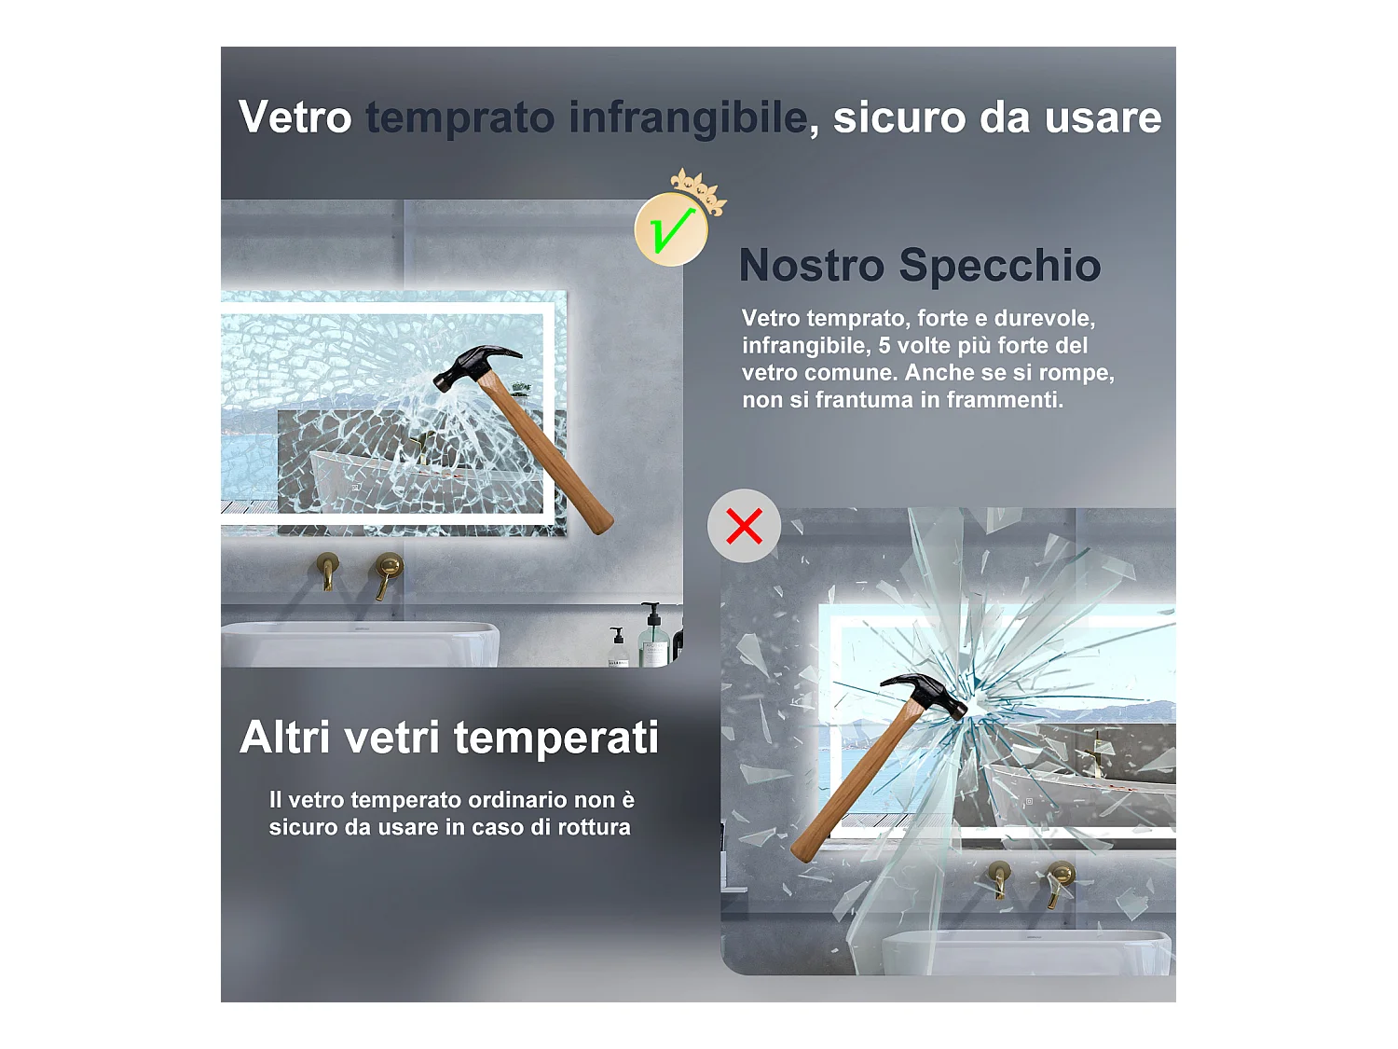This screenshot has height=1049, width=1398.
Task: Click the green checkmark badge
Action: [x=670, y=229]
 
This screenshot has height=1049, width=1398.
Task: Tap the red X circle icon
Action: [x=744, y=526]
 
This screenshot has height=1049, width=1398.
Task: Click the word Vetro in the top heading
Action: [x=295, y=117]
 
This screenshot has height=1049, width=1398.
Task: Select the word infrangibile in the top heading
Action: [x=688, y=117]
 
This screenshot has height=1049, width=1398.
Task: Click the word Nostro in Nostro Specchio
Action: [x=811, y=265]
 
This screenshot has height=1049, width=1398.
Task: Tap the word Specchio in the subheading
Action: [x=999, y=265]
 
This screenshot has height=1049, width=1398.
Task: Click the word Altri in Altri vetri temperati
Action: [x=285, y=738]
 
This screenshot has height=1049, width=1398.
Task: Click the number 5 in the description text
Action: [x=884, y=346]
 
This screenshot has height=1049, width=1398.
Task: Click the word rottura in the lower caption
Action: [x=594, y=827]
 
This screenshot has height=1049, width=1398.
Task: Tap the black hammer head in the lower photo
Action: [x=928, y=693]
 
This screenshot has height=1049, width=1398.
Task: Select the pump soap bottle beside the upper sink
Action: [x=653, y=639]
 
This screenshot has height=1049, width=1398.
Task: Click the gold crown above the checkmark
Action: [x=699, y=189]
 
